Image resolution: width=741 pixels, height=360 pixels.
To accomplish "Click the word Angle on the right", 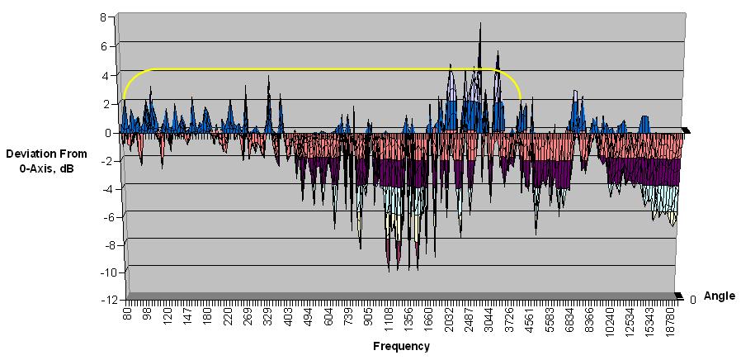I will click(720, 296).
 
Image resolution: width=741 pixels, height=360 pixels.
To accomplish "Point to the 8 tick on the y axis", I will click(103, 17).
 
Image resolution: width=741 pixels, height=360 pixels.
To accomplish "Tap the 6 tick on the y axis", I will click(103, 47).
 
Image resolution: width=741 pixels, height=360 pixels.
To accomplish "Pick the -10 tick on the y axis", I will click(98, 272).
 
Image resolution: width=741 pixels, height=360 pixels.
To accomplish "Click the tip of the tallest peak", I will click(480, 22).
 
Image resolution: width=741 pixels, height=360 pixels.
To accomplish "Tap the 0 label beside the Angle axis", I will click(693, 300).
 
